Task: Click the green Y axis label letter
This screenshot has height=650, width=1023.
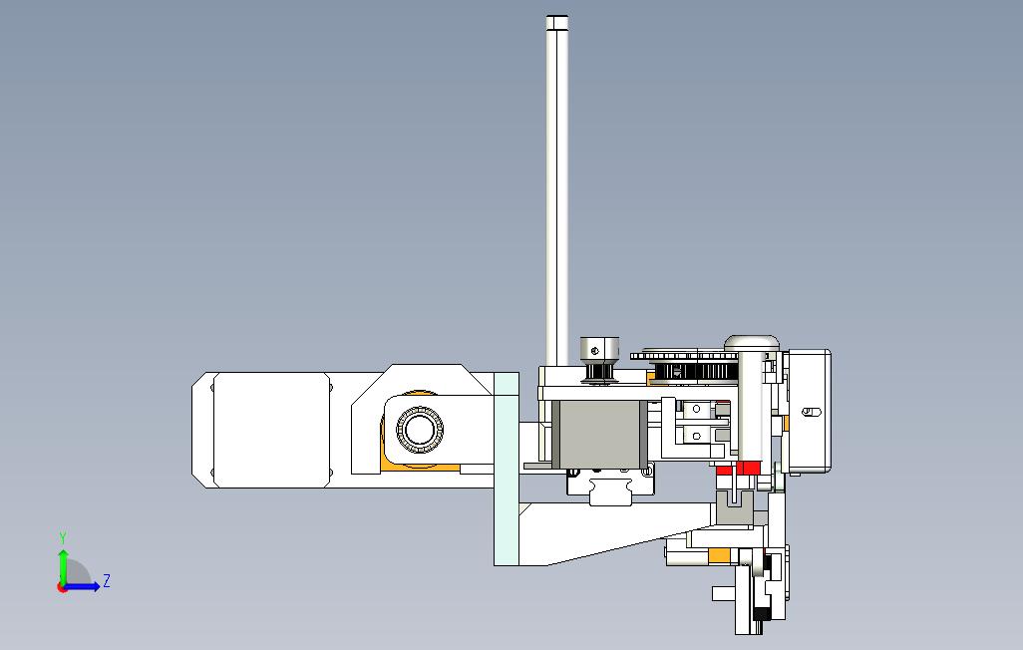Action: click(63, 537)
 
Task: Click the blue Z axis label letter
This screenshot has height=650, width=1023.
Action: click(107, 580)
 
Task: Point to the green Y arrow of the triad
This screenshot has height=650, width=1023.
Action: click(63, 567)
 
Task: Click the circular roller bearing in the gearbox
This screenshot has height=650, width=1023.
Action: click(420, 429)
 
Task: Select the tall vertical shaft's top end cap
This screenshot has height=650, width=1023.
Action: click(557, 23)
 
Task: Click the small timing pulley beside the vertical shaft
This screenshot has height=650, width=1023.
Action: click(599, 360)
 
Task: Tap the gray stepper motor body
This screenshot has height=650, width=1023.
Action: click(599, 434)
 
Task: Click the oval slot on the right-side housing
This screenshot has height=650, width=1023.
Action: click(811, 412)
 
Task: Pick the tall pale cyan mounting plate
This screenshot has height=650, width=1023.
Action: click(507, 469)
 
